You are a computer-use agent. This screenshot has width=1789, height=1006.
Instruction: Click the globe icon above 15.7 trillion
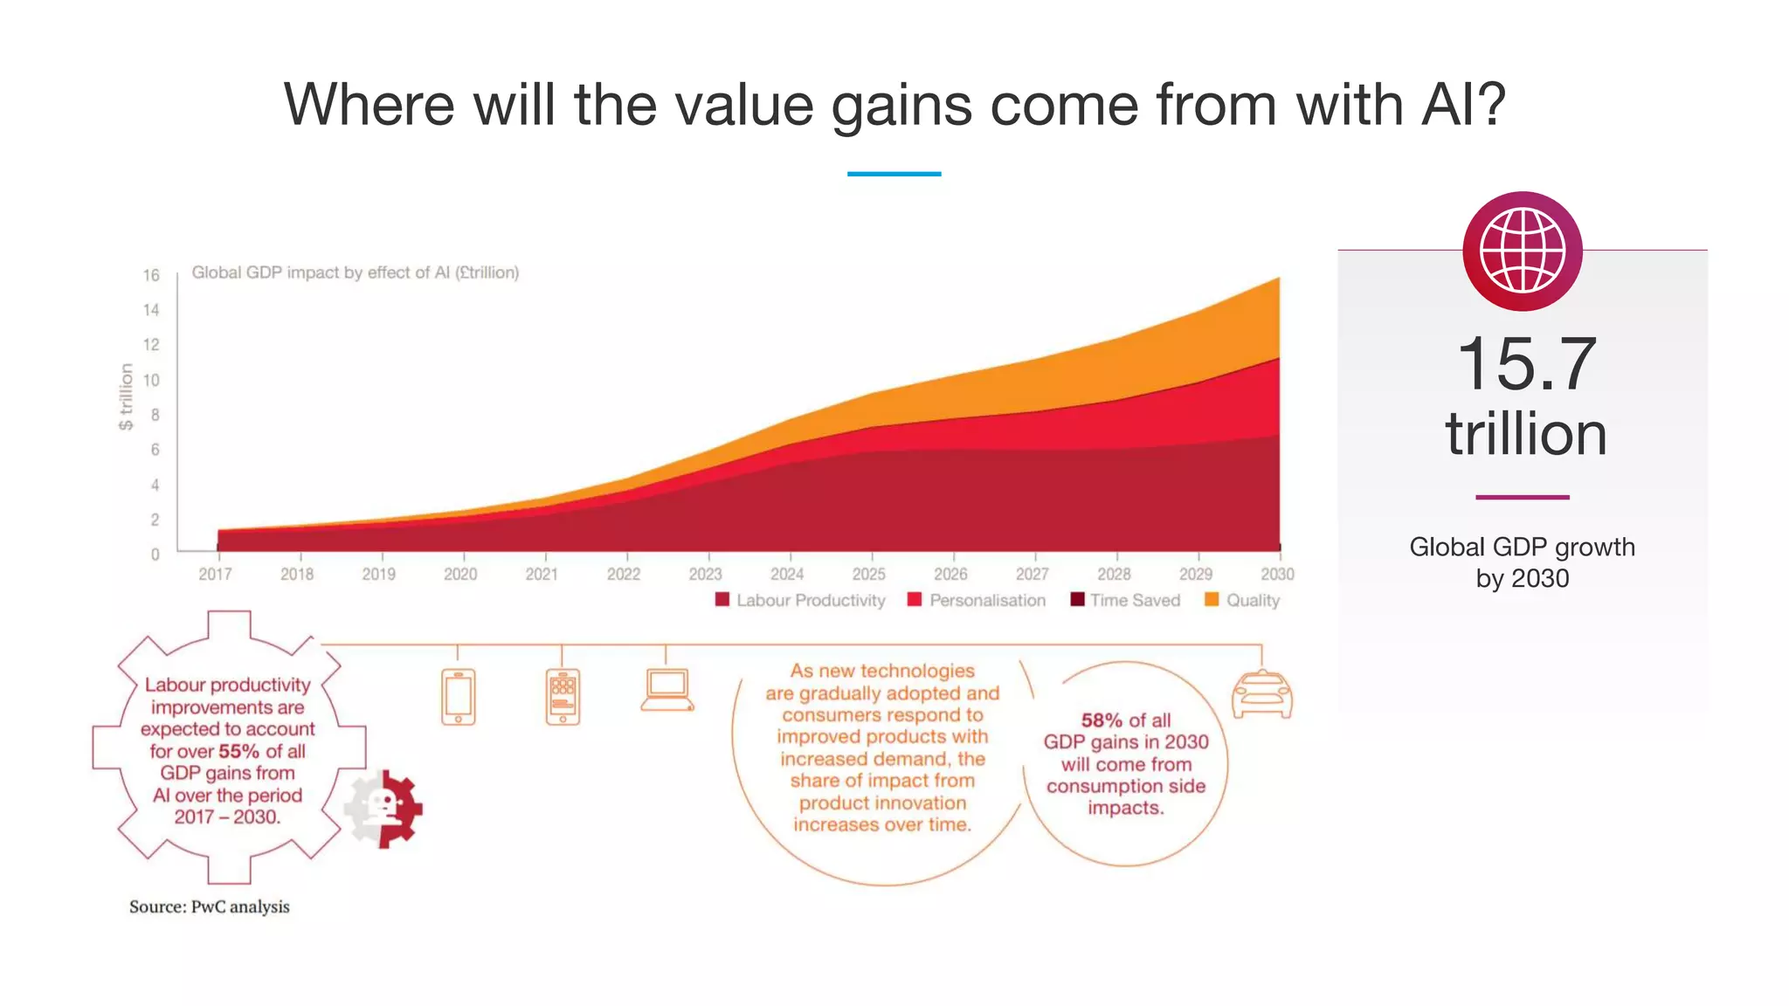point(1523,251)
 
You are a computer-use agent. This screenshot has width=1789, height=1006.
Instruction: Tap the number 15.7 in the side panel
point(1526,364)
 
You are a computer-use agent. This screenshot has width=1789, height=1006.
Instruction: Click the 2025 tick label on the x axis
point(868,575)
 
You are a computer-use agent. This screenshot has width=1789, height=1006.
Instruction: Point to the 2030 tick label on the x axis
point(1276,575)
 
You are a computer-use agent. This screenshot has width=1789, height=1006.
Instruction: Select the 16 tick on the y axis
point(151,275)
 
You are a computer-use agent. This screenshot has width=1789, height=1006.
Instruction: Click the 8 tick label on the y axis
point(155,415)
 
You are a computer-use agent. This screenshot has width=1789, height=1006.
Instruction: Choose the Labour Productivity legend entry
point(800,600)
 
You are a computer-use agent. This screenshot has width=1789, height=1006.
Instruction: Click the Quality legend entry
point(1242,600)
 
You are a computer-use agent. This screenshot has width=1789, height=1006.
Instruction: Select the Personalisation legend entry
point(977,600)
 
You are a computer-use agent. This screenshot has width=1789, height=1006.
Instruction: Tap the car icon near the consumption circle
point(1261,695)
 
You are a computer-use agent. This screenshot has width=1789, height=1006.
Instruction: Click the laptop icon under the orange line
point(667,691)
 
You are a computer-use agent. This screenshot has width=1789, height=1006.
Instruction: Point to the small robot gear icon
point(384,809)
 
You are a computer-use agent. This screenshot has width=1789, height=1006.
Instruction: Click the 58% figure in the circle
point(1101,720)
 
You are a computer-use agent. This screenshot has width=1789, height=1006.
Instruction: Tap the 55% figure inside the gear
point(238,751)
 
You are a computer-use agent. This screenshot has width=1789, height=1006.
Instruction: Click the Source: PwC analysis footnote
point(209,906)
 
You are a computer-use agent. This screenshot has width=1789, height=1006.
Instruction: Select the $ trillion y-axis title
point(126,396)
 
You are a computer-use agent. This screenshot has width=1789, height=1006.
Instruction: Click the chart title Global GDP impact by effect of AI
point(355,272)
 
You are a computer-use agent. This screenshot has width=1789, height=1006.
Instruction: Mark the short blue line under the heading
point(894,174)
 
